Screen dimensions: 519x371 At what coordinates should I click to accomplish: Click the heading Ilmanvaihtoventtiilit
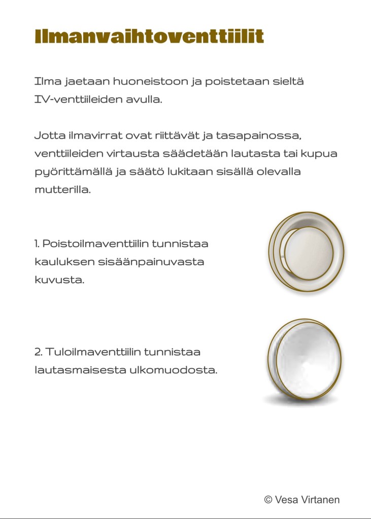[149, 37]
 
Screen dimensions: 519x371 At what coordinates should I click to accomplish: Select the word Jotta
[48, 135]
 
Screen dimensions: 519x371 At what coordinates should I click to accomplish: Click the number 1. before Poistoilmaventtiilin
[37, 244]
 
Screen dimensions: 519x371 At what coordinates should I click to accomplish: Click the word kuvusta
[59, 280]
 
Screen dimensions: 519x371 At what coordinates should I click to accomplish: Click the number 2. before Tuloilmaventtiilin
[39, 352]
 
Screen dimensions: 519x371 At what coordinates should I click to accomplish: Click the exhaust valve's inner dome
[308, 250]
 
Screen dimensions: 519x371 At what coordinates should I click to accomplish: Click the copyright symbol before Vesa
[268, 500]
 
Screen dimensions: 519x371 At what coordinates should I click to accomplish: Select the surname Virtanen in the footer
[321, 500]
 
